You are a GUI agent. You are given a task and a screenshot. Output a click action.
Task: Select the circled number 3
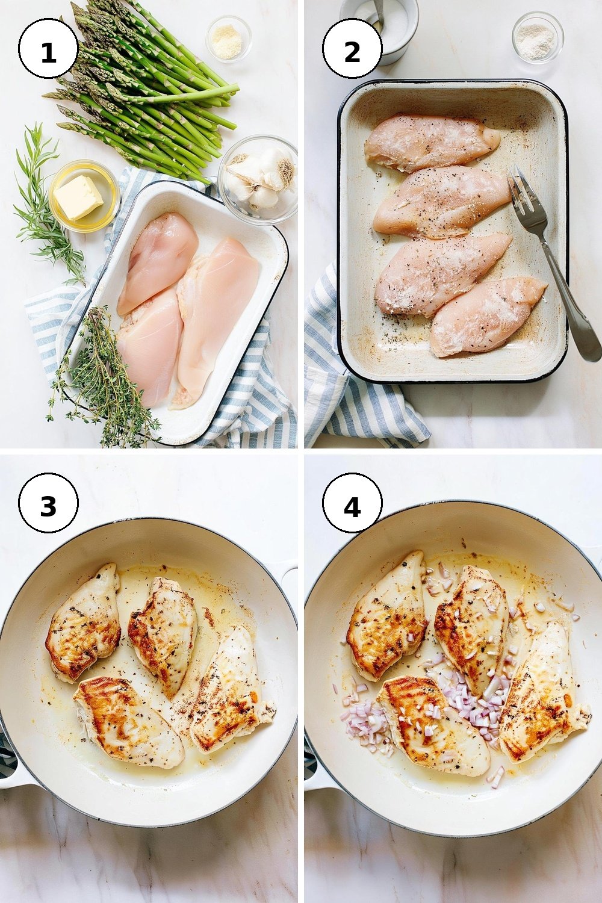coord(48,507)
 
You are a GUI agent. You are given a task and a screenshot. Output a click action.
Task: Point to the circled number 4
coord(352,507)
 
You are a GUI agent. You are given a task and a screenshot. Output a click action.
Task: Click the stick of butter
coord(79,197)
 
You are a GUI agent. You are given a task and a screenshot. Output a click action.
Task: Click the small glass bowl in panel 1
coord(229,39)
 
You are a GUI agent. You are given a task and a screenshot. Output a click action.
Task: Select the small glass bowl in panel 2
coord(538,37)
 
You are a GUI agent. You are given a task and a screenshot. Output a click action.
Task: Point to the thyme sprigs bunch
coord(101,377)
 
